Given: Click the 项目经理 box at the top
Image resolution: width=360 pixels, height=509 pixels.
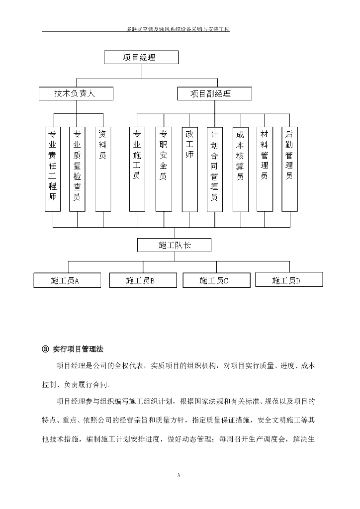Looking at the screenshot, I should [141, 57].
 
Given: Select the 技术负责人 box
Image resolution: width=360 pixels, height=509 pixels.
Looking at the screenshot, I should [76, 93].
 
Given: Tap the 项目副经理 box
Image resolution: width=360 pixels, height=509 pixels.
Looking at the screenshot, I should [214, 93].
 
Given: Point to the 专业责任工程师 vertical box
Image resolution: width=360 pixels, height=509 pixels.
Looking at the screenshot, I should [53, 169].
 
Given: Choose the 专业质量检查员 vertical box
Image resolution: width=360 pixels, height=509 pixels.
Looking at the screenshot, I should [77, 169].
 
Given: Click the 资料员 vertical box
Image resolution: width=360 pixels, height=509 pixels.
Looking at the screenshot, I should [102, 169].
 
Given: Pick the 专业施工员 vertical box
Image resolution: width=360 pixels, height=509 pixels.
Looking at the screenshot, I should [137, 169].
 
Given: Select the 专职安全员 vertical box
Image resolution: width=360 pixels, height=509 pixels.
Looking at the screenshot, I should [163, 169].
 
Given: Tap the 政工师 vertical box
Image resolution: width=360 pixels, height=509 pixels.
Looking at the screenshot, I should [189, 169].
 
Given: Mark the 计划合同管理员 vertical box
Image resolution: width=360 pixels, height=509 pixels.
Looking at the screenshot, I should [214, 169].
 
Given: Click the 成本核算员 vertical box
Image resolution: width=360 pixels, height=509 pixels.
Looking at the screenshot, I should [240, 169].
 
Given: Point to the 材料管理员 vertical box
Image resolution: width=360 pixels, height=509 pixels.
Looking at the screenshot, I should [265, 169].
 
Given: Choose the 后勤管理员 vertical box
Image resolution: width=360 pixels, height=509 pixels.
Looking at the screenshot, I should [289, 169].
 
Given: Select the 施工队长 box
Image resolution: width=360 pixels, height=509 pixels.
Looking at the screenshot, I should [175, 245].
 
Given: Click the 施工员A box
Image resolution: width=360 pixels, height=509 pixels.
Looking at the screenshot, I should [67, 280].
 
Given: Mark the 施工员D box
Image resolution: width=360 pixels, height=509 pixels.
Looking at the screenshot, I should [289, 280].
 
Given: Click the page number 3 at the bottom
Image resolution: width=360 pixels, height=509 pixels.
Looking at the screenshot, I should [179, 476].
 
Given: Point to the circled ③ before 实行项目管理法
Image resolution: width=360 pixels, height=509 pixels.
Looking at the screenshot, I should [45, 349].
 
